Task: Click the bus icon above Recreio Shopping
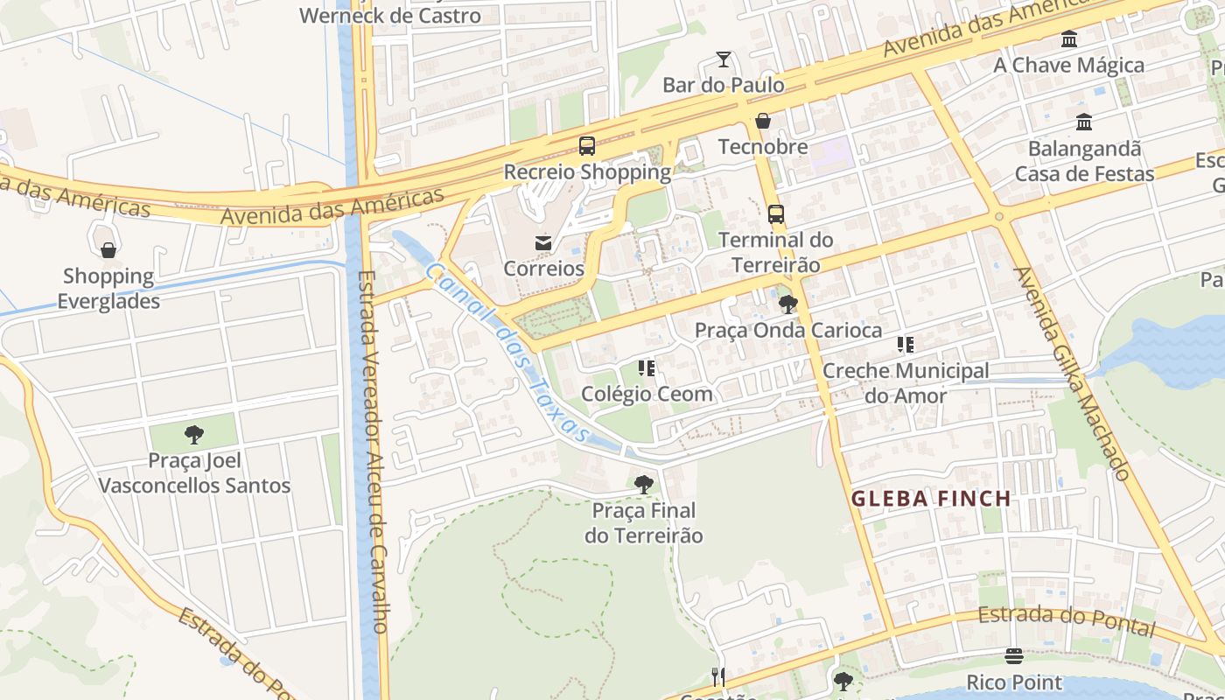[x=587, y=145]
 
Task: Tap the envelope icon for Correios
[x=543, y=242]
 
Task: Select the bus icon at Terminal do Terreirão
[x=775, y=213]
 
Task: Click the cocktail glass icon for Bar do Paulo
[x=723, y=59]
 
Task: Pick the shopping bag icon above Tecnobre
[x=763, y=121]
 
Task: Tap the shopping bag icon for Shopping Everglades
[x=108, y=251]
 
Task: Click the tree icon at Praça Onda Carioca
[x=787, y=304]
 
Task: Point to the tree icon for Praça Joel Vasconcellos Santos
[x=194, y=435]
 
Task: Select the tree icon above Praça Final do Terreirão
[x=643, y=484]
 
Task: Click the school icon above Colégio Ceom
[x=647, y=368]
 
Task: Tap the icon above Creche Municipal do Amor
[x=905, y=345]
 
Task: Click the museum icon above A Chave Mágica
[x=1068, y=39]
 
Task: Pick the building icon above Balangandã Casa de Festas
[x=1084, y=122]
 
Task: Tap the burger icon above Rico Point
[x=1014, y=656]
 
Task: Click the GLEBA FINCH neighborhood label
[x=931, y=499]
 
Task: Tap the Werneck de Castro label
[x=389, y=16]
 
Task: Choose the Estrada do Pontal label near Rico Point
[x=1067, y=620]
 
